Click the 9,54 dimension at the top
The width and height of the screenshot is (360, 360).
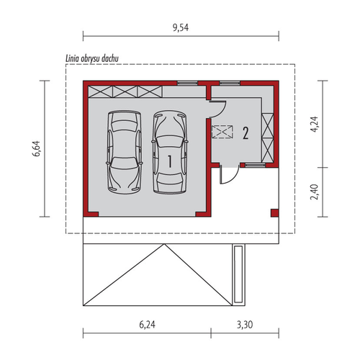(181, 28)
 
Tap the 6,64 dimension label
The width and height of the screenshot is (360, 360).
(37, 148)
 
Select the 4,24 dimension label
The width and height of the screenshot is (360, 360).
(314, 124)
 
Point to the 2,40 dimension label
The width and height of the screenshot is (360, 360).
(314, 192)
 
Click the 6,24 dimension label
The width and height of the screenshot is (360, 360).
(147, 325)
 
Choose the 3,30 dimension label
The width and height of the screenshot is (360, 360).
(245, 325)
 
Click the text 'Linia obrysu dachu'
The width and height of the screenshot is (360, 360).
(92, 58)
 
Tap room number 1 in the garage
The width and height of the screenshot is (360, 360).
(170, 161)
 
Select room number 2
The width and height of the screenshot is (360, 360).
(246, 133)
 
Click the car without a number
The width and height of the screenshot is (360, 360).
(124, 152)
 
